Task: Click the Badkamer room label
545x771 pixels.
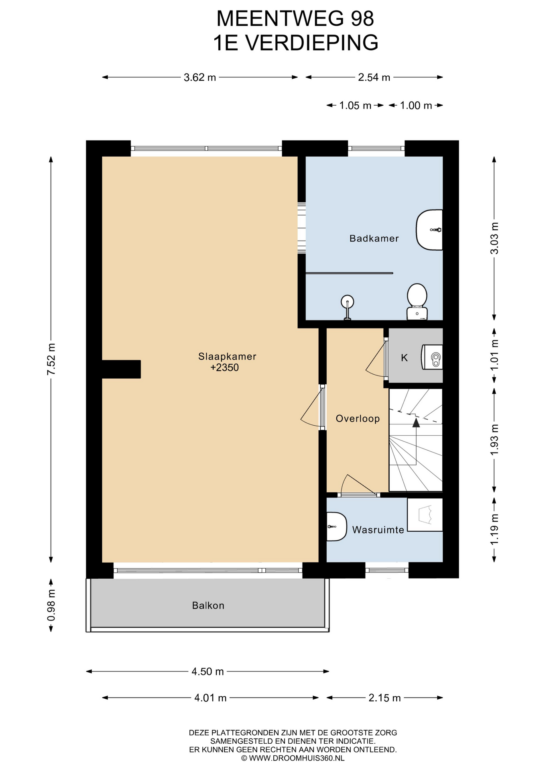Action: pos(374,239)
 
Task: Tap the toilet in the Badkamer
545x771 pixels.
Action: pos(417,302)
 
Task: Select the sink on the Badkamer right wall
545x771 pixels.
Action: pos(429,230)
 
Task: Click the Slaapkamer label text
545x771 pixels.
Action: pos(227,356)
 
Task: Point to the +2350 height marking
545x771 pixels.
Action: pos(225,367)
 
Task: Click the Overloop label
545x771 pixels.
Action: pos(358,419)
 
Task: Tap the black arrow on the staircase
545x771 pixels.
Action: pos(416,422)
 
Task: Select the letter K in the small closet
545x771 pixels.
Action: pos(404,358)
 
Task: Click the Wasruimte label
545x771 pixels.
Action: pos(378,530)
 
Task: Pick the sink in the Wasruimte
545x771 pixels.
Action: pos(336,526)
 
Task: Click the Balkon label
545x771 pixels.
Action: pos(208,606)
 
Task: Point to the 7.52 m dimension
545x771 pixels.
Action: pos(51,359)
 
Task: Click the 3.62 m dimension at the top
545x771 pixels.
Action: pos(200,78)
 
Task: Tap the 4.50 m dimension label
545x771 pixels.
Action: pos(207,671)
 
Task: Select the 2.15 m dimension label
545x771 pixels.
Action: pos(384,698)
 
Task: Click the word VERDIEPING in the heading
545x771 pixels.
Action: pos(312,43)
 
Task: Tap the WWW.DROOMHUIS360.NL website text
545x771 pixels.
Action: pos(297,758)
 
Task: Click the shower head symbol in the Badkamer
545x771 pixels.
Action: pos(347,307)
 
